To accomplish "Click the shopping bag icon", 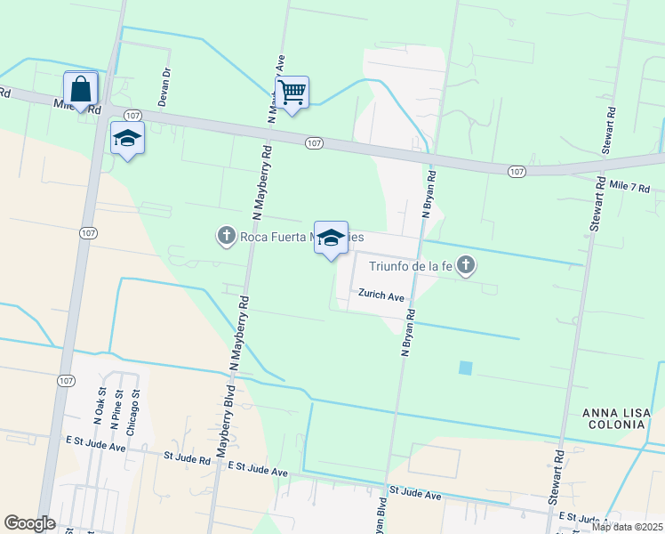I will pyautogui.click(x=81, y=90).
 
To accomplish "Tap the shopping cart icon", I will pyautogui.click(x=292, y=92).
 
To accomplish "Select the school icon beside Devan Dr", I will pyautogui.click(x=127, y=139).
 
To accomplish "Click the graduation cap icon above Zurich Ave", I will pyautogui.click(x=331, y=238).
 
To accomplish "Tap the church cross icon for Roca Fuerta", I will pyautogui.click(x=226, y=236).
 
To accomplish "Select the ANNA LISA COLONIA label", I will pyautogui.click(x=613, y=418).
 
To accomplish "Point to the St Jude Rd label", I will pyautogui.click(x=188, y=457).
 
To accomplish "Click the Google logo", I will pyautogui.click(x=29, y=523).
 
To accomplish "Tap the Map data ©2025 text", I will pyautogui.click(x=626, y=527).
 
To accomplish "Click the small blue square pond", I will pyautogui.click(x=465, y=367).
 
